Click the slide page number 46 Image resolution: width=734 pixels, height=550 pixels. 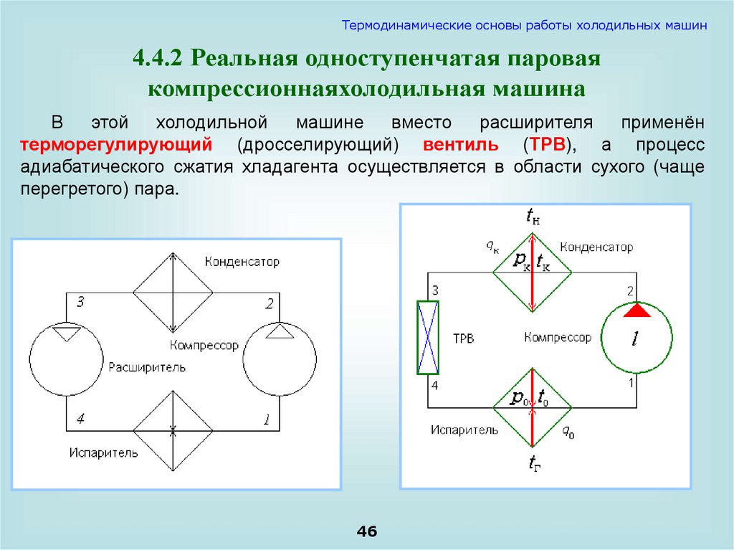366,531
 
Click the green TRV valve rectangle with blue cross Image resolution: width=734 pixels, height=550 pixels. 428,337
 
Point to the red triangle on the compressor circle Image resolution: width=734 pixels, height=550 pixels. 637,310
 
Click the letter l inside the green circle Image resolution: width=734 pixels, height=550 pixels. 636,339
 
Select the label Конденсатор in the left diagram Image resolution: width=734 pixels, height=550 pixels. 242,262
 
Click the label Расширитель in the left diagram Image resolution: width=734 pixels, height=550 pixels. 148,368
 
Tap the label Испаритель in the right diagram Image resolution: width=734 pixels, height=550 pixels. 464,430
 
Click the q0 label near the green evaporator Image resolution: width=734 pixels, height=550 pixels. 567,431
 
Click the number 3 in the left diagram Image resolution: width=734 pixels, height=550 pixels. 80,303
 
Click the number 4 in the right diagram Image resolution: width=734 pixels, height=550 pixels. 432,387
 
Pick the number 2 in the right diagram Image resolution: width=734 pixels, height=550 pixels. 631,291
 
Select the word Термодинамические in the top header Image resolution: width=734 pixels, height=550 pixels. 403,25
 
